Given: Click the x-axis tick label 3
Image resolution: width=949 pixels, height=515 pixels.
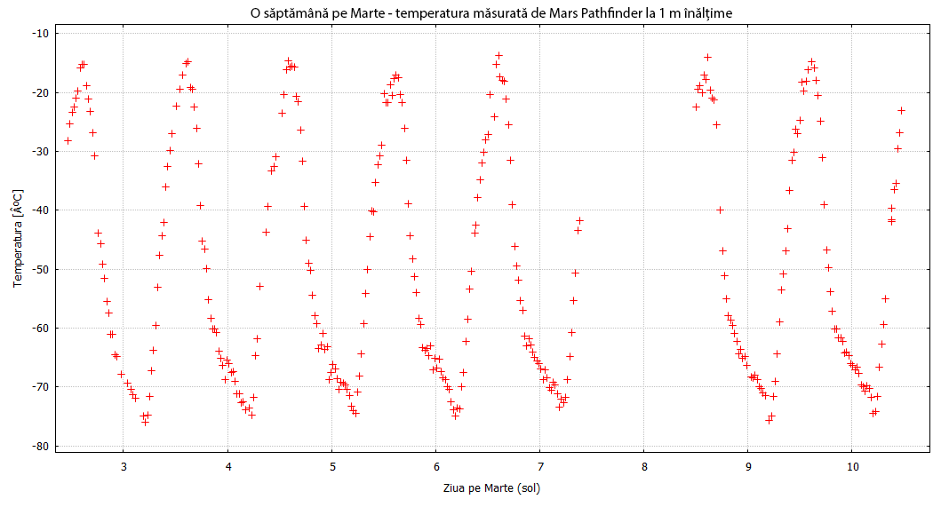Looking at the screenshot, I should pos(124,466).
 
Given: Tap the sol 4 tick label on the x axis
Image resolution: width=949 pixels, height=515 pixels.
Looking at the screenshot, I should pos(228,466).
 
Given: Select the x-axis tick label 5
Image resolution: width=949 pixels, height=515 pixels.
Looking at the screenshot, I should pos(332,466).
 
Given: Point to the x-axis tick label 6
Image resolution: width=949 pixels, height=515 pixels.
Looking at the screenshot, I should pos(436,466).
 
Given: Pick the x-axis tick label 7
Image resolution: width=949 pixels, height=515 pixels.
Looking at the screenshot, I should pos(540,466).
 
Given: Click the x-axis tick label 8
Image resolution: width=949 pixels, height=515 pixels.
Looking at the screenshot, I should pos(644,466).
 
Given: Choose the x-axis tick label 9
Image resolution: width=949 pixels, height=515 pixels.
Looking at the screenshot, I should pos(748,466).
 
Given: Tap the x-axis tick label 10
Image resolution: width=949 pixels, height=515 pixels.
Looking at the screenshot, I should pos(852,466).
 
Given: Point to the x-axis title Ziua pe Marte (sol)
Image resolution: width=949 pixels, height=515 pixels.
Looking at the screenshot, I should pos(491,487).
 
